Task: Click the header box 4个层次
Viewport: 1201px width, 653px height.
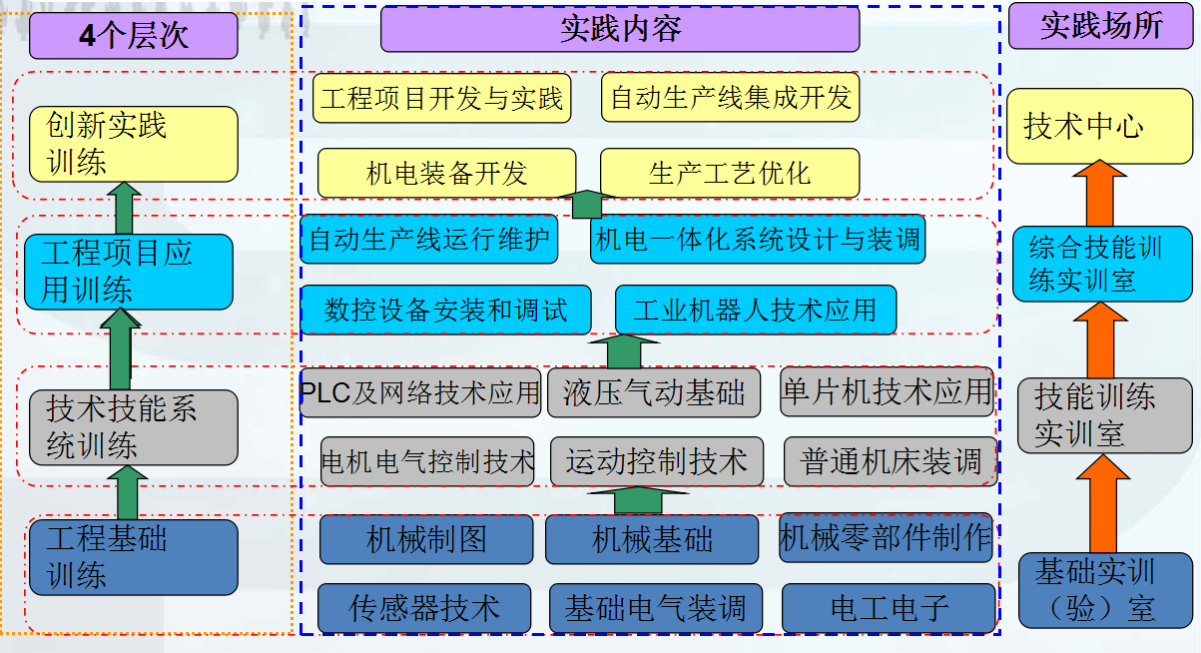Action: (134, 36)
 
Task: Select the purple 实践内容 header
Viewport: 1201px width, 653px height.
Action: (620, 29)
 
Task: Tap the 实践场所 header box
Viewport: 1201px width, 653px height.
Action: (1101, 26)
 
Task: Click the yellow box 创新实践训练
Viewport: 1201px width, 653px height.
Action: (134, 144)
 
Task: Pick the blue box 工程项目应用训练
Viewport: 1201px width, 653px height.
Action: (129, 272)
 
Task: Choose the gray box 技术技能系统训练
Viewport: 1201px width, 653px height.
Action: (134, 427)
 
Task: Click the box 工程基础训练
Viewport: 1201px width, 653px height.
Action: (134, 557)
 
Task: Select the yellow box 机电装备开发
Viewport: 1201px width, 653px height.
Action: (446, 174)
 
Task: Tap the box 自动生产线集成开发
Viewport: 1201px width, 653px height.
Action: (731, 98)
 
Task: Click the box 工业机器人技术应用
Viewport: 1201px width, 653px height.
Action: (755, 310)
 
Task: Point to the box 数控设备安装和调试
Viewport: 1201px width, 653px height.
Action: (445, 310)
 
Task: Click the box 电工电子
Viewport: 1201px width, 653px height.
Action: (889, 607)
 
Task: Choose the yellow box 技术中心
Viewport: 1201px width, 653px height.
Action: (1099, 127)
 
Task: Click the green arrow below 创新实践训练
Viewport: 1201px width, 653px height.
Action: (125, 207)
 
